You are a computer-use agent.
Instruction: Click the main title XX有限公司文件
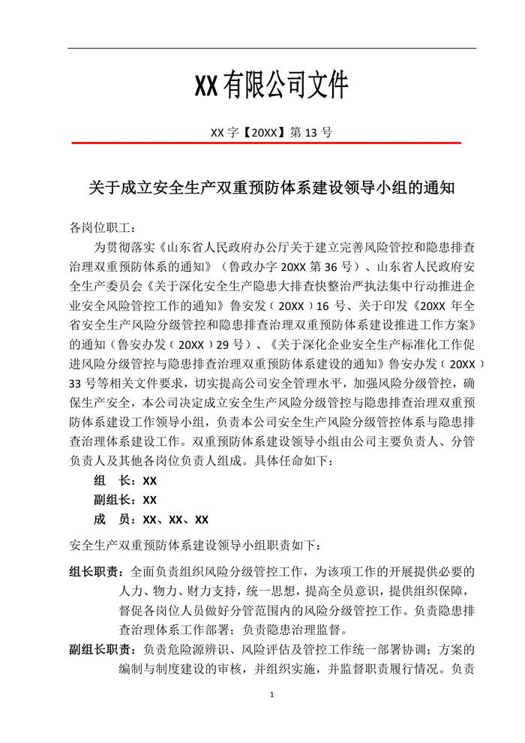point(271,86)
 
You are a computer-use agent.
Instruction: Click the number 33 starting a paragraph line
point(76,384)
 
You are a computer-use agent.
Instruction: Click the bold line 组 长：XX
point(125,481)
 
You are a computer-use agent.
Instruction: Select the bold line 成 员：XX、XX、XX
point(151,519)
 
